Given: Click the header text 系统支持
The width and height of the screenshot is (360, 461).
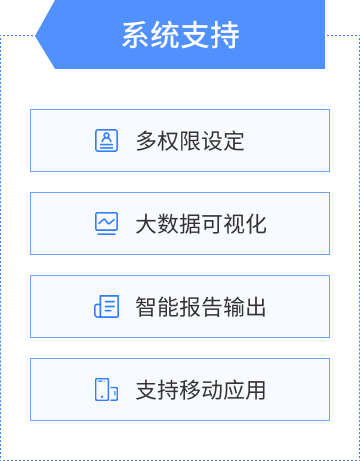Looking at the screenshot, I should click(x=180, y=35).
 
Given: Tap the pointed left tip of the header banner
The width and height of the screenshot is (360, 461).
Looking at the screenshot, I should click(x=37, y=35).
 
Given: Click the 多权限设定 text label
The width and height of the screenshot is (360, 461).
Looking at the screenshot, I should click(x=190, y=141).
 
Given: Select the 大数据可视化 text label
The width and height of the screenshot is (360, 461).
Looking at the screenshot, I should click(x=201, y=224).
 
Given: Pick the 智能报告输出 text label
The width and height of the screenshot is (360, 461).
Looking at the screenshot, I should click(x=201, y=307).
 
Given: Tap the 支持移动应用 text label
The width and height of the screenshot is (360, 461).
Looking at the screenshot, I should click(x=201, y=390).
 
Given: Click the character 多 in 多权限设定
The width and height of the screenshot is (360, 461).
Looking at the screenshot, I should click(x=146, y=141).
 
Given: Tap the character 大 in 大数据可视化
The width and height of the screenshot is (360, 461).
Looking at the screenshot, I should click(x=146, y=224).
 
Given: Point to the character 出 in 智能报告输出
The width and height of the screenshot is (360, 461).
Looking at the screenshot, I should click(x=256, y=307).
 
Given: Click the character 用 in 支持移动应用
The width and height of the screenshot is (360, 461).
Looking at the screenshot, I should click(x=256, y=390).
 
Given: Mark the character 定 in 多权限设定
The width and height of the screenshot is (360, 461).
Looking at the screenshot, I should click(x=234, y=141).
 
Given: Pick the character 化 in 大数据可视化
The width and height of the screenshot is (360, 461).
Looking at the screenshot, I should click(x=256, y=224).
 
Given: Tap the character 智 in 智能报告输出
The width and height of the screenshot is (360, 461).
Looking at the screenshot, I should click(x=146, y=307).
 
